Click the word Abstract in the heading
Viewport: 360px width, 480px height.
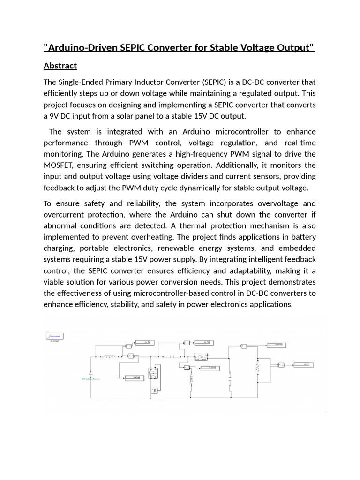pos(60,65)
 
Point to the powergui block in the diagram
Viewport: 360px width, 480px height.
pos(55,336)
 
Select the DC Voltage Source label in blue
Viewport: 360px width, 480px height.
pos(91,378)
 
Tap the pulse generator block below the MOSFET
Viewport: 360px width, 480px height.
pos(153,390)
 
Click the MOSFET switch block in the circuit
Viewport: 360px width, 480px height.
pos(153,374)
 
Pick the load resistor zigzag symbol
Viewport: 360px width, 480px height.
pos(257,366)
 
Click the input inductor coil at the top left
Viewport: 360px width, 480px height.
pos(110,356)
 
